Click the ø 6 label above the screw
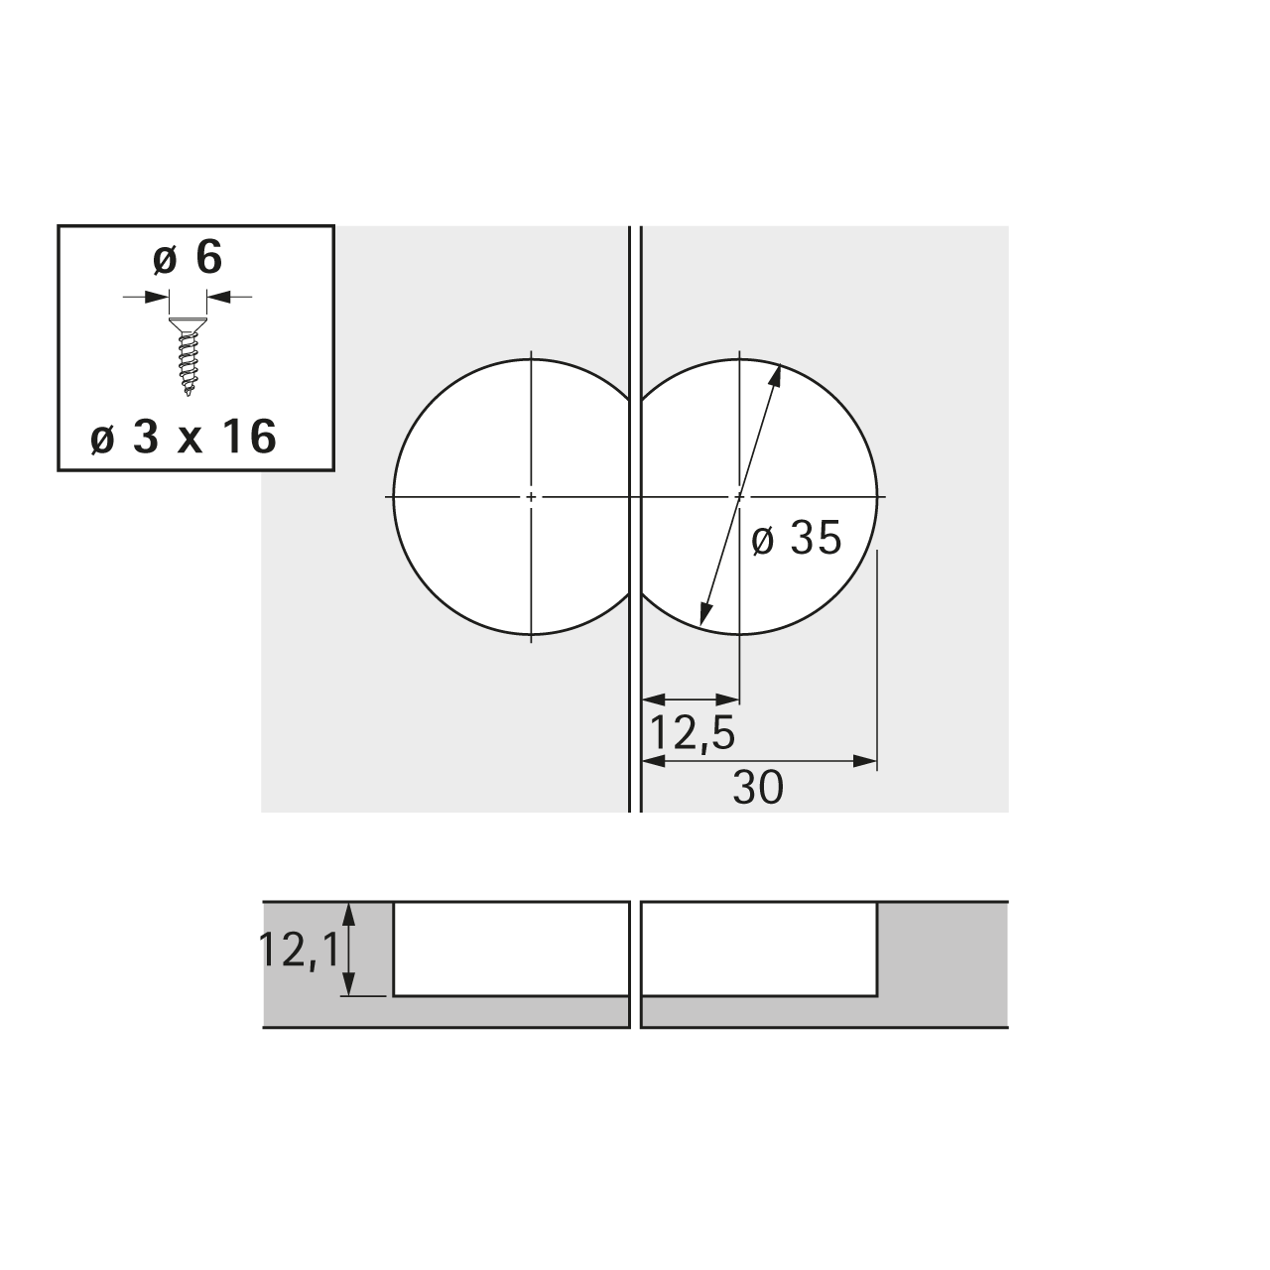coord(188,258)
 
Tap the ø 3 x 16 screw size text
coord(184,437)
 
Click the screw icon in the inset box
coord(188,356)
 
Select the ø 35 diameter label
coord(796,538)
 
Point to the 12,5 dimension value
coord(692,733)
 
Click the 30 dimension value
coord(758,788)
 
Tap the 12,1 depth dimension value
coord(299,950)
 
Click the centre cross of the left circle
coord(531,497)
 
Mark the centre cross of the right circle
coord(739,497)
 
